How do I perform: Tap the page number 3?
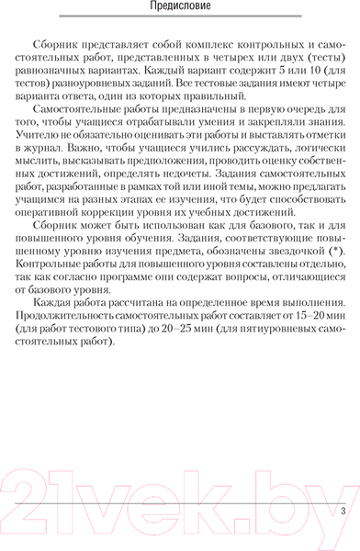pos(343,537)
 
